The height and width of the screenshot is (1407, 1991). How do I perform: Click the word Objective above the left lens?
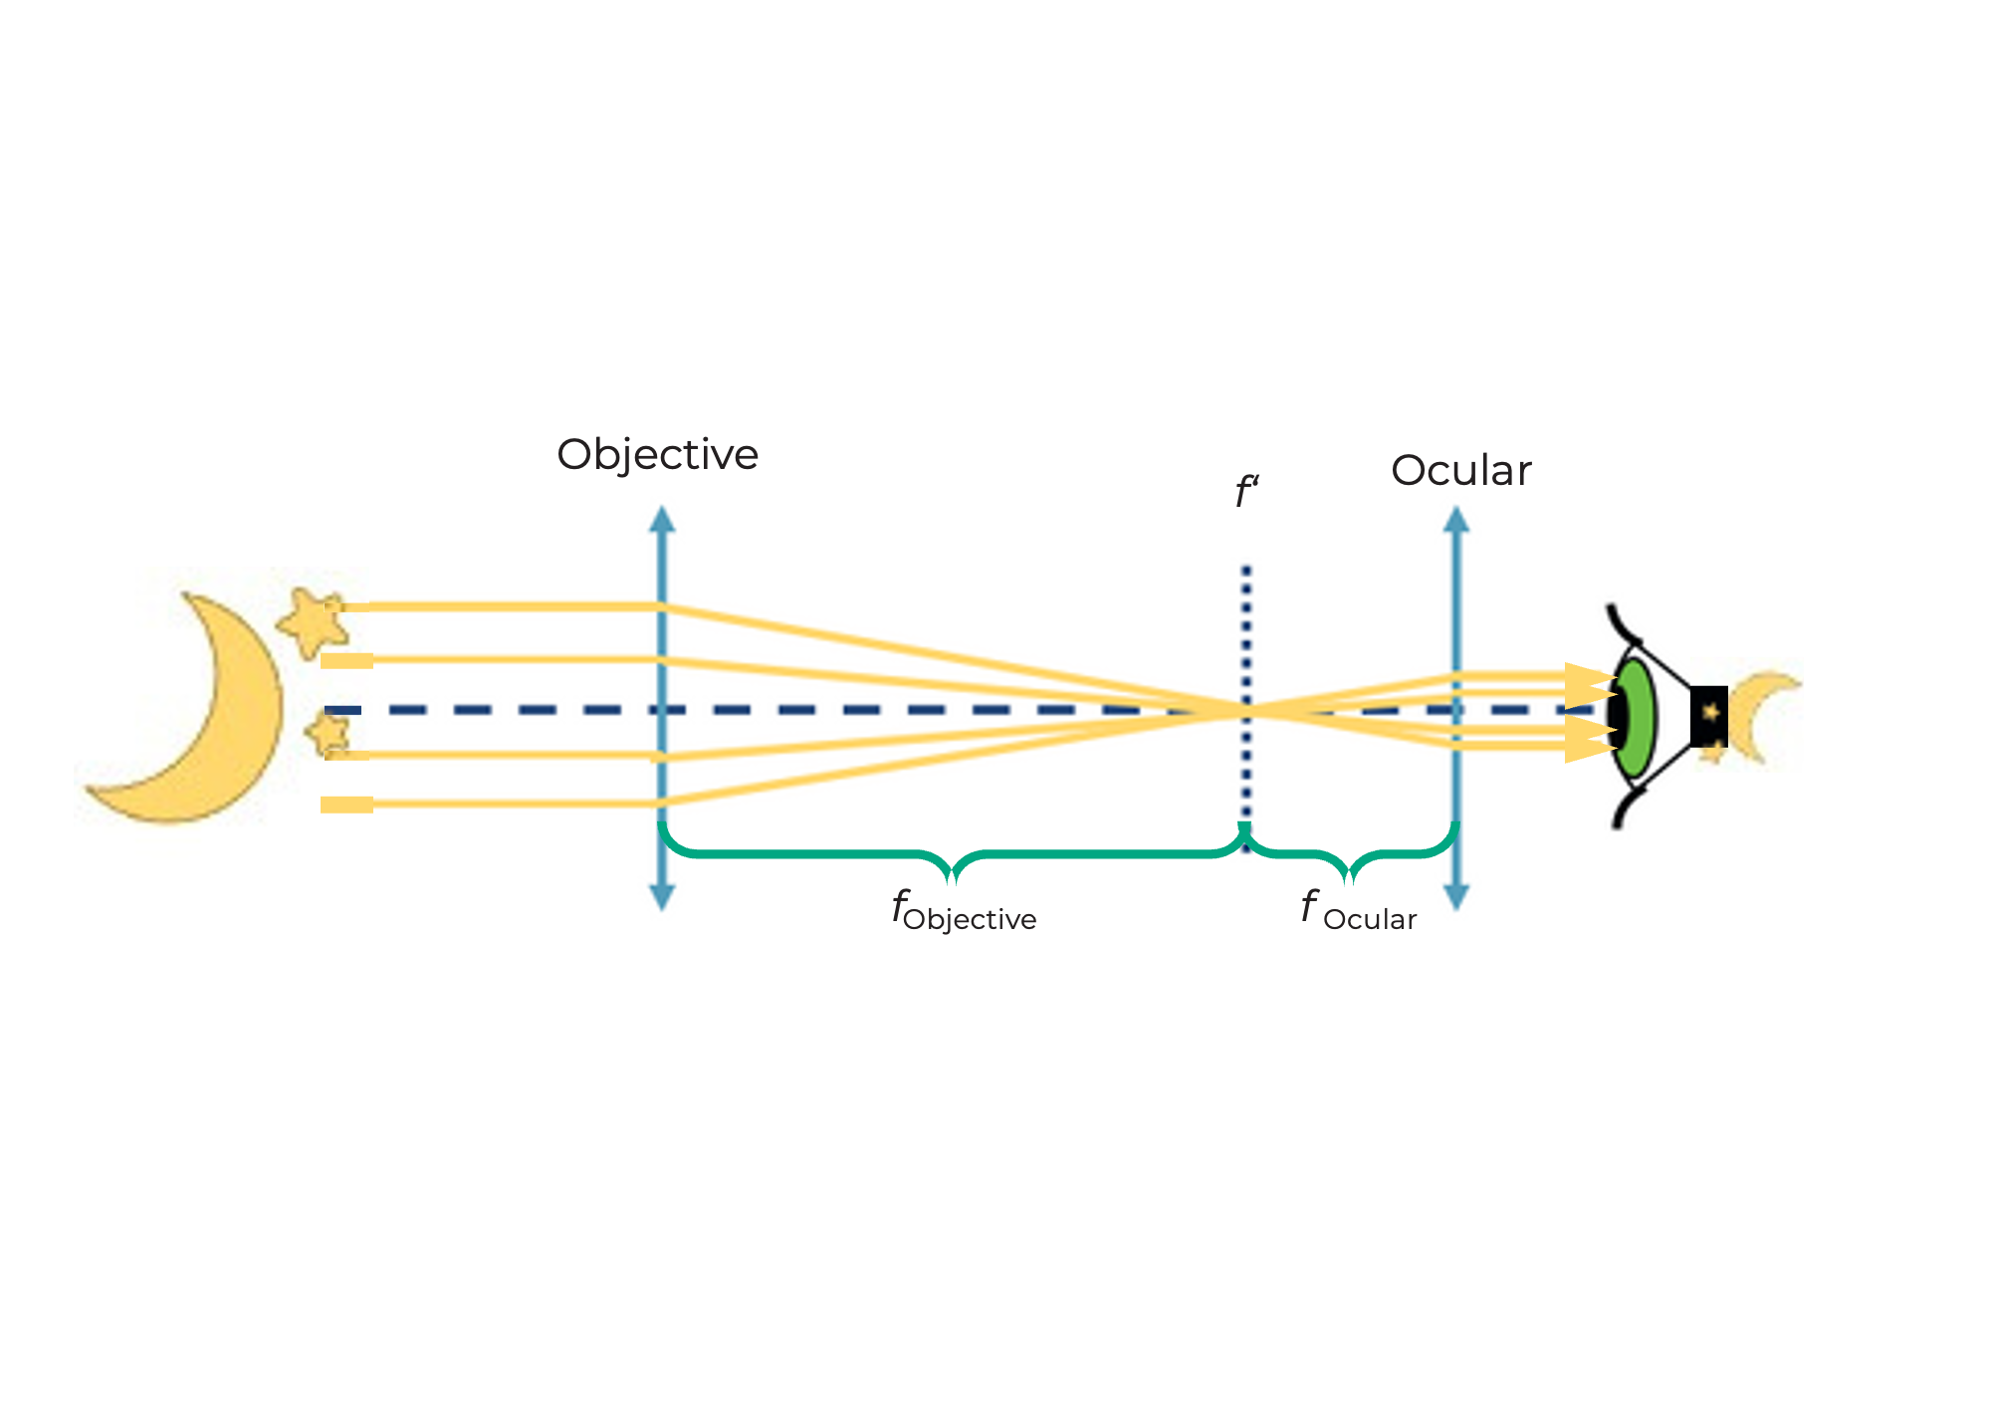(657, 455)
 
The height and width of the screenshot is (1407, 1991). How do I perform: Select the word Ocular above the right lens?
(1460, 471)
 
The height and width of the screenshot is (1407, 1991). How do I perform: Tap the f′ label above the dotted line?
(1246, 492)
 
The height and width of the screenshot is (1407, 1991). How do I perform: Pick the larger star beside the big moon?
(315, 622)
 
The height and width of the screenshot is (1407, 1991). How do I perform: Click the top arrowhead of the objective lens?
(662, 519)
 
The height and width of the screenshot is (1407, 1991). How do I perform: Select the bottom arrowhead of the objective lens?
(662, 897)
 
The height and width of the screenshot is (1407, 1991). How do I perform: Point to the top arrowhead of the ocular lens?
(1456, 519)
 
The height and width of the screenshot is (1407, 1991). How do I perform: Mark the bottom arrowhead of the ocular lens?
(1456, 897)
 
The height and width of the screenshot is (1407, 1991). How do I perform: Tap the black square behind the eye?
(1708, 716)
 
